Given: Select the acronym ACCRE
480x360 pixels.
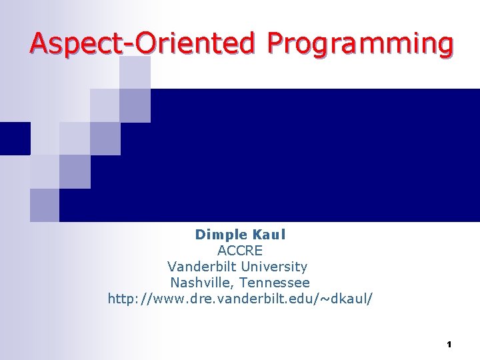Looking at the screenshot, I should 240,251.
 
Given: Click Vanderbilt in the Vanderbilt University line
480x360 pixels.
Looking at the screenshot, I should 198,267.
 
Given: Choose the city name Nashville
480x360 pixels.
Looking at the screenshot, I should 202,283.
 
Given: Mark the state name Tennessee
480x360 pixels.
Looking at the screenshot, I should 274,283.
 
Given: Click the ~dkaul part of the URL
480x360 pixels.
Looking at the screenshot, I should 347,299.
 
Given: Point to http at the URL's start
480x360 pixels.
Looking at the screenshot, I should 122,299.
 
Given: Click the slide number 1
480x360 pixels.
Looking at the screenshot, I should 449,345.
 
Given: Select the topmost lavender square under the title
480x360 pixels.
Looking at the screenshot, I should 135,72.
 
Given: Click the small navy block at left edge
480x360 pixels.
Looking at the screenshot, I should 15,139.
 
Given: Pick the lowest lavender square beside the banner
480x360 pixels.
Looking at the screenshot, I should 45,205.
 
